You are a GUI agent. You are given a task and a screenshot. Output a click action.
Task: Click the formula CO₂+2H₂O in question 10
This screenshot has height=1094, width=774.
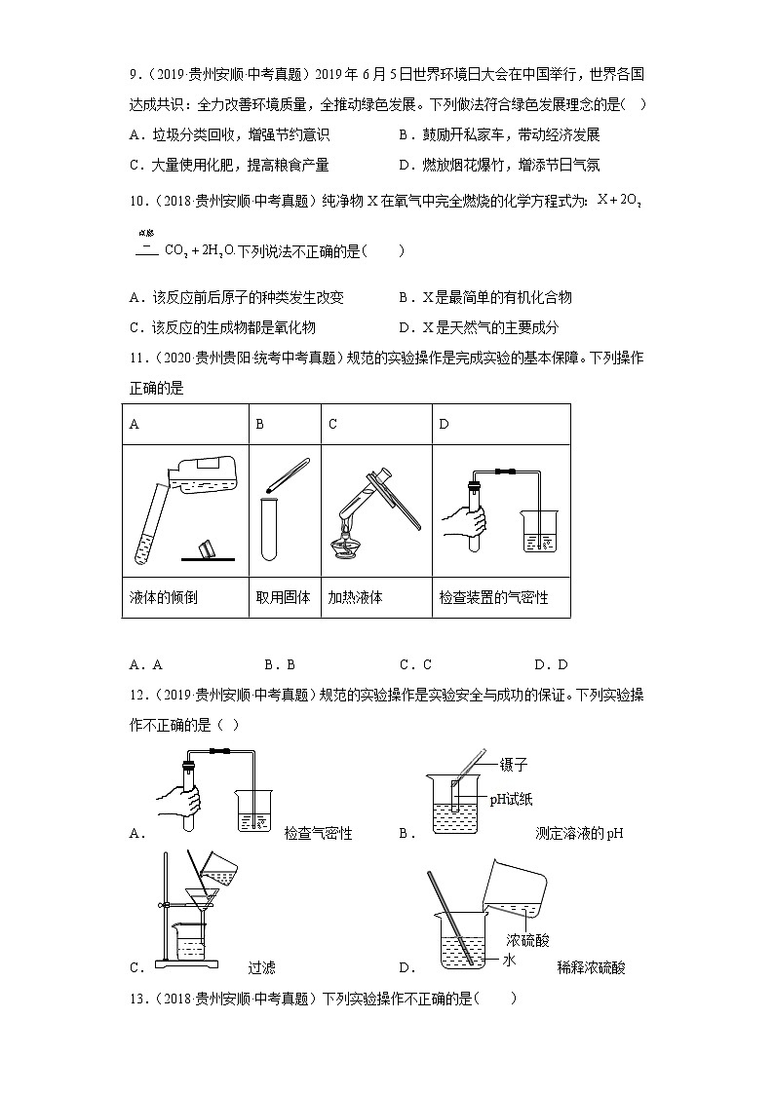199,250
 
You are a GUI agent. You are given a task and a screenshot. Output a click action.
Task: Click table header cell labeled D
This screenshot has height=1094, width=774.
445,424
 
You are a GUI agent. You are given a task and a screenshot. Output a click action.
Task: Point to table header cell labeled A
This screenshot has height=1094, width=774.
135,424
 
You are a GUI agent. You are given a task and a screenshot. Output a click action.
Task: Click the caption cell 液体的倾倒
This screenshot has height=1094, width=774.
163,597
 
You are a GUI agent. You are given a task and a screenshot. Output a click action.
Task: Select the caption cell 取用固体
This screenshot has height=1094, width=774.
283,597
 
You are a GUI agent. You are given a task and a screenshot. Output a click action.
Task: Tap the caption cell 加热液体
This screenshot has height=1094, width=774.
355,597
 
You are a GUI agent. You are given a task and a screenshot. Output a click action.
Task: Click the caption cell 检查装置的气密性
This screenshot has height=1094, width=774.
493,597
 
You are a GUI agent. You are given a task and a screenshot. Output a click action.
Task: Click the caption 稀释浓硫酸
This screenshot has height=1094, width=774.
591,967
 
